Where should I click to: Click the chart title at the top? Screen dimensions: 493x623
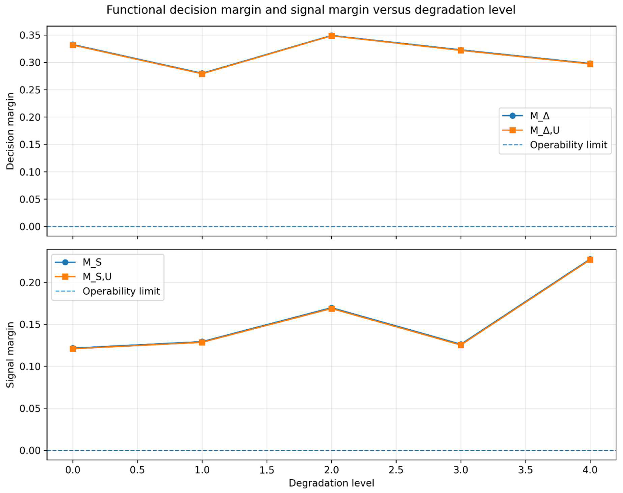(x=311, y=10)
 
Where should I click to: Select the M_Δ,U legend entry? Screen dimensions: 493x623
(x=544, y=130)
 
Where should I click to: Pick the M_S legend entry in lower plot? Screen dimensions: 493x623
(x=92, y=262)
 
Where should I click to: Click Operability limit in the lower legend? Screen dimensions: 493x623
(x=121, y=291)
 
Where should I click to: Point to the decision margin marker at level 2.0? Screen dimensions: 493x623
(x=332, y=36)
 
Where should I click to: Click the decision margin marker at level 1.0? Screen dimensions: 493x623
(x=202, y=74)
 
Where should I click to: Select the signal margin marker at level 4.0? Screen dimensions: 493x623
(x=590, y=259)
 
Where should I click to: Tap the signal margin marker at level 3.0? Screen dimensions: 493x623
(x=461, y=345)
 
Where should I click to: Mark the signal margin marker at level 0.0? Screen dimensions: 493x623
(x=73, y=348)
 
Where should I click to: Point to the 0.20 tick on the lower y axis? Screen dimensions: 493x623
(x=30, y=283)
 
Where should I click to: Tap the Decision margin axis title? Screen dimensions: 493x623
(x=10, y=131)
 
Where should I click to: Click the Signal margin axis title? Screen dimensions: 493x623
(x=10, y=355)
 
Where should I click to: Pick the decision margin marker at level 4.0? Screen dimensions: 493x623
(x=590, y=64)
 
